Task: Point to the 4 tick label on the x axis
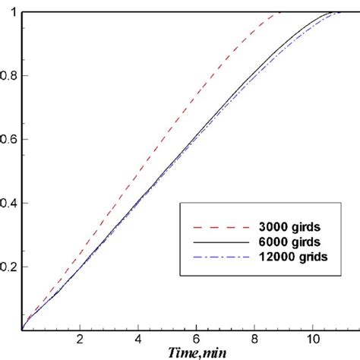coord(139,339)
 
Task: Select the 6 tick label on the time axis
coord(197,339)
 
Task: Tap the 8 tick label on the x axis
coord(254,339)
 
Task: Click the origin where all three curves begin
coord(23,330)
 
